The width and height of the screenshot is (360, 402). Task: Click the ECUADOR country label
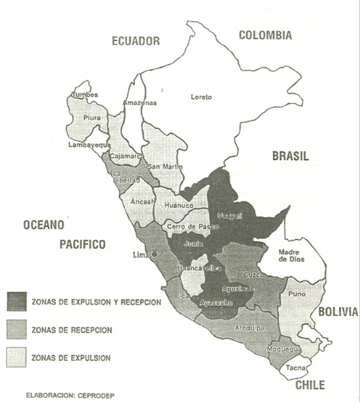point(136,41)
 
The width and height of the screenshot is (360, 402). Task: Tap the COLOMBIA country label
point(265,35)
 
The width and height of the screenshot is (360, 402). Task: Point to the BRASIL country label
point(290,157)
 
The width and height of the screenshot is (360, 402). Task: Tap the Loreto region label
point(201,97)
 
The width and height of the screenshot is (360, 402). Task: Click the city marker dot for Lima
point(154,254)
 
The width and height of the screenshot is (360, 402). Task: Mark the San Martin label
point(161,167)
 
